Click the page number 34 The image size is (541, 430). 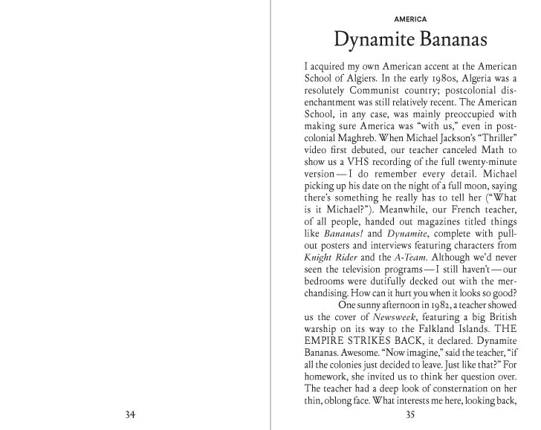pos(136,414)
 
